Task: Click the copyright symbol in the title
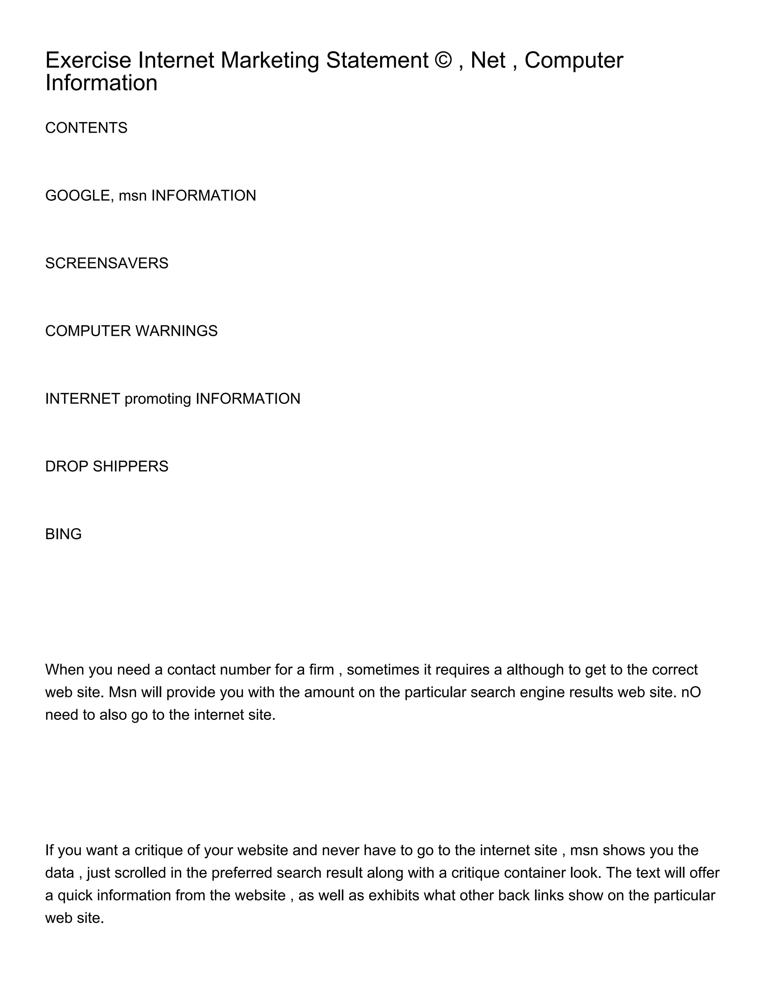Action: [x=443, y=60]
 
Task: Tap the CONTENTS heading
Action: [x=87, y=128]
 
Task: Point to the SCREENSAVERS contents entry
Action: [x=107, y=264]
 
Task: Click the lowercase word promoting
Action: [x=158, y=399]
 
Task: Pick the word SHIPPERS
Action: [x=130, y=467]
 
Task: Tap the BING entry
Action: [x=63, y=535]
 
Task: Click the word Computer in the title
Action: [x=573, y=60]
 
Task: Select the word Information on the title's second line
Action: [x=101, y=83]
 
